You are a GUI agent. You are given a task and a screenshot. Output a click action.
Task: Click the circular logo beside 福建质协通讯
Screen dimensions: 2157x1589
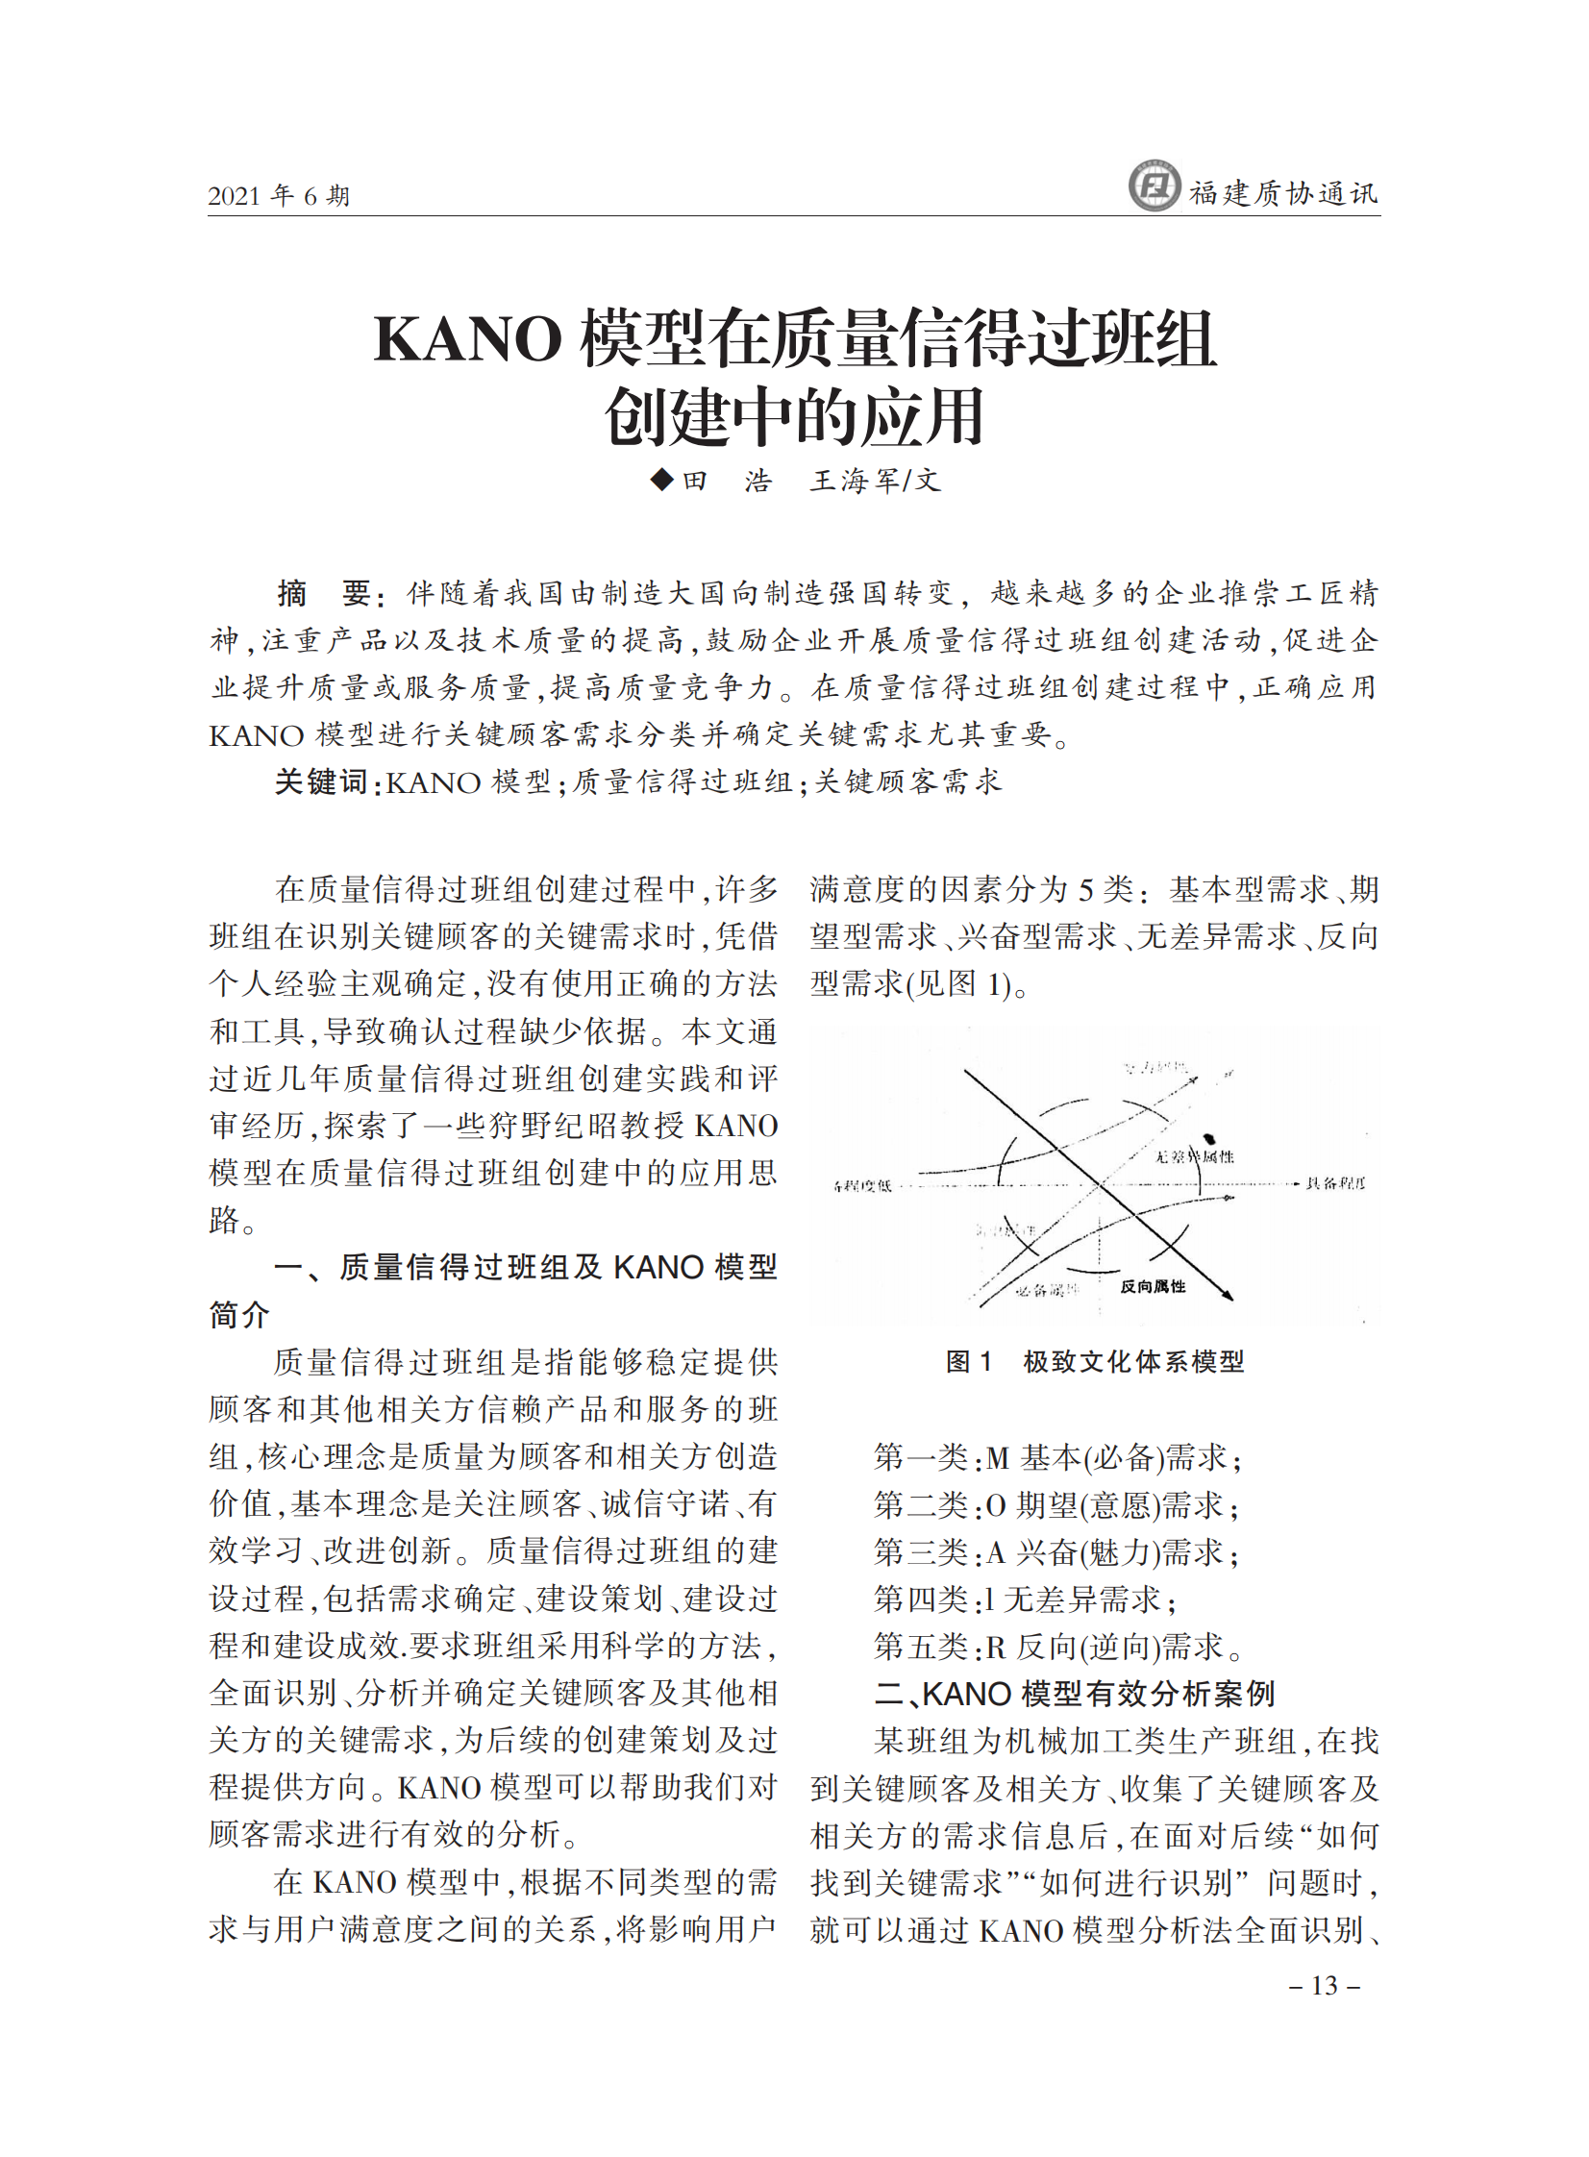coord(1154,186)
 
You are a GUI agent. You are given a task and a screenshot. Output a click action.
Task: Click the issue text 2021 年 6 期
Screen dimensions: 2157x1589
coord(278,196)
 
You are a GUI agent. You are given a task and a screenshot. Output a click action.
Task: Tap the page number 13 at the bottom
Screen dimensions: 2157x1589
coord(1325,1985)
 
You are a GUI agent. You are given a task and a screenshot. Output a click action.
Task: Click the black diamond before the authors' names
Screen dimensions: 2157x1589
coord(661,479)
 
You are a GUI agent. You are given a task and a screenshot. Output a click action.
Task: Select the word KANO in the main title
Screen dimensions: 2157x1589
coord(467,339)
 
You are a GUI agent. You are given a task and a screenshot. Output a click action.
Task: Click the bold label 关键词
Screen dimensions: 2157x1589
coord(321,781)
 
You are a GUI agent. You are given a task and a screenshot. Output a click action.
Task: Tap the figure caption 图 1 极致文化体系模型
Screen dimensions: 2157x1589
coord(1095,1361)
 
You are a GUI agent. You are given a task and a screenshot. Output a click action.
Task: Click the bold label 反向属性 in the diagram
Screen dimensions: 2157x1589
coord(1153,1287)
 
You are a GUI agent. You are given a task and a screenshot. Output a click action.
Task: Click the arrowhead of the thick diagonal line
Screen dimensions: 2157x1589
coord(1227,1295)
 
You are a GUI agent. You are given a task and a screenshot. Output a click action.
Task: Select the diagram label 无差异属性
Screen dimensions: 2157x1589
coord(1194,1156)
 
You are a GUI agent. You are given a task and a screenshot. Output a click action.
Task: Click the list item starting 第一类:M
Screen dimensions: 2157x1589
coord(1056,1458)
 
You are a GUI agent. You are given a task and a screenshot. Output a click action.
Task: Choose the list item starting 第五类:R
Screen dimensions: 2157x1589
coord(1056,1648)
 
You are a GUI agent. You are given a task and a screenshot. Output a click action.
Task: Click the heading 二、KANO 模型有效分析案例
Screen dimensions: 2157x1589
coord(1074,1694)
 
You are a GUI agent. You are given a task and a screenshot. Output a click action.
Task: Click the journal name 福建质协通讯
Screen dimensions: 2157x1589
coord(1283,193)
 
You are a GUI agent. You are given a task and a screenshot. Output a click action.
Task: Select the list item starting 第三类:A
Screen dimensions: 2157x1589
coord(1055,1552)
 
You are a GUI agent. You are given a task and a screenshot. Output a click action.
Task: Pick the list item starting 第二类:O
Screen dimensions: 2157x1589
coord(1055,1505)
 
